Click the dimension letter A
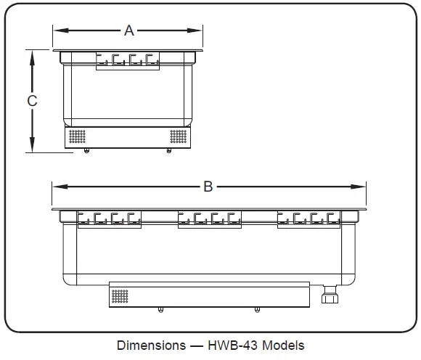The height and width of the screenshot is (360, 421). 129,30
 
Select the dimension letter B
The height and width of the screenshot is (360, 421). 208,187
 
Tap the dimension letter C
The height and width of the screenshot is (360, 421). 32,102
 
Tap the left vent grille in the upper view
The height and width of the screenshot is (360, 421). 77,136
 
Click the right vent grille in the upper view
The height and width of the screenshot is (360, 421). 178,136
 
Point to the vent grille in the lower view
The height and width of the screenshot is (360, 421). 120,296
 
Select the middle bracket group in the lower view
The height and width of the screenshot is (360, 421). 209,218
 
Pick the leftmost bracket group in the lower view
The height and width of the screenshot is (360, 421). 109,218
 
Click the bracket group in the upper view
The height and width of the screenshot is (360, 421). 128,61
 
